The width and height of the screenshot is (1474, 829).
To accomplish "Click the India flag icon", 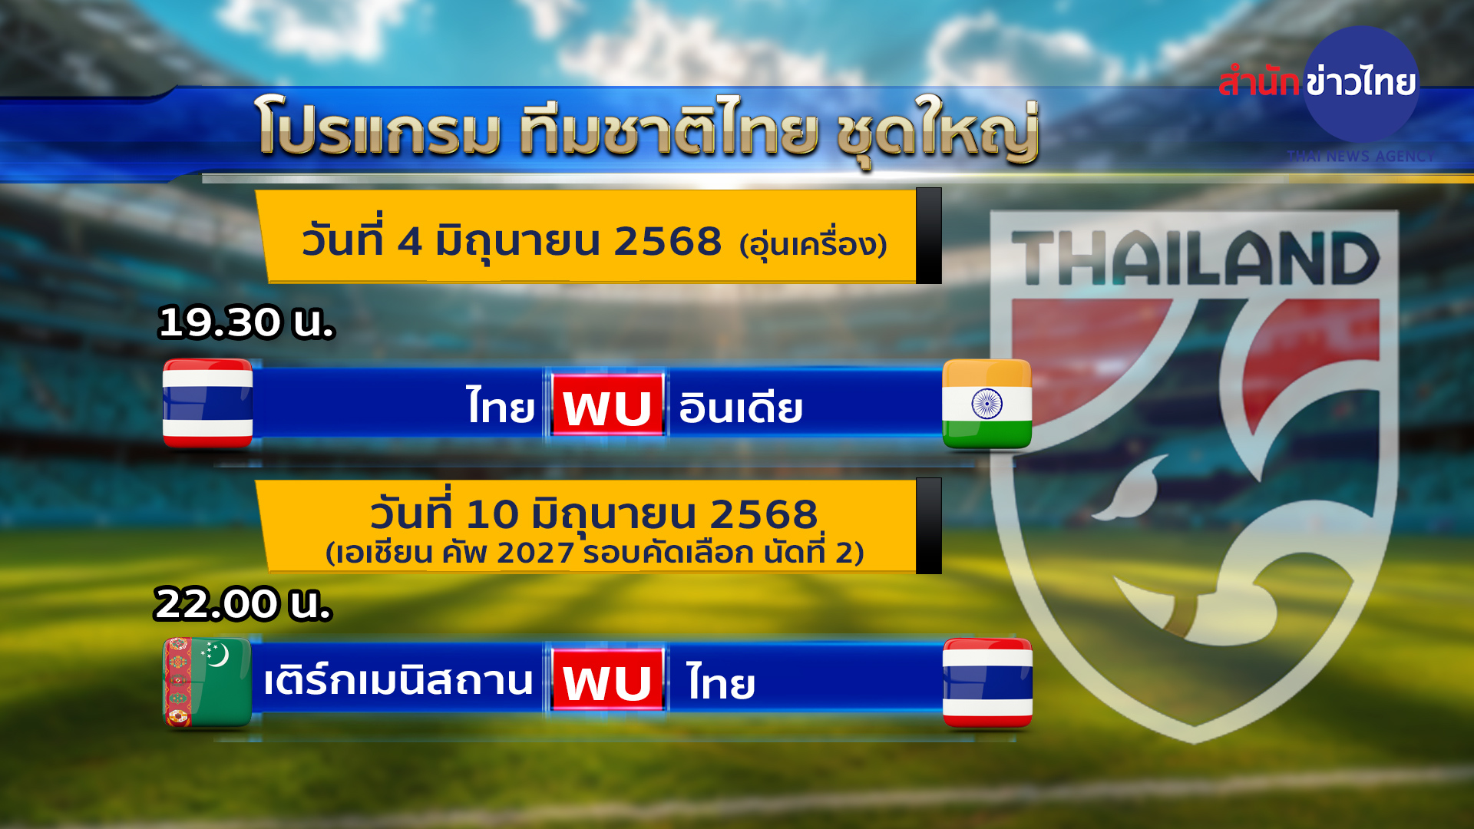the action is coord(987,404).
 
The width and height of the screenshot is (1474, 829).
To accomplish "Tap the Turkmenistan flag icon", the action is coord(207,682).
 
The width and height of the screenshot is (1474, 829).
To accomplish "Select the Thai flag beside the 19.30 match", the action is coord(207,403).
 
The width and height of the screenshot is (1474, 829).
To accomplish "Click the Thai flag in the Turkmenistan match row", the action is coord(987,682).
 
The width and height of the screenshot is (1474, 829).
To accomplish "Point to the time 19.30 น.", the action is coord(246,322).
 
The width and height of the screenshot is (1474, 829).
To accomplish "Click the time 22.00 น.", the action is coord(243,604).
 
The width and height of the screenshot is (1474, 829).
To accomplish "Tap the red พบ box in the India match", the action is coord(607,405).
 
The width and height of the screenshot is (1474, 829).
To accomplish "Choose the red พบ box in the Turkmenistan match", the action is coord(607,680).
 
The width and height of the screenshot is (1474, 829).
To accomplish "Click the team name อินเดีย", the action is coord(741,407).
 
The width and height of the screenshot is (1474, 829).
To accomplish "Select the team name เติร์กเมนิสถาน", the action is coord(398,679).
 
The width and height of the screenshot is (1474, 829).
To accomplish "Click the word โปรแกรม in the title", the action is coord(378,126).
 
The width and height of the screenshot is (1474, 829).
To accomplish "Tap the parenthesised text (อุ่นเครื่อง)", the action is coord(813,245).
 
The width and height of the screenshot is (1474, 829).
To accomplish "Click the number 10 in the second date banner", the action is coord(492,514).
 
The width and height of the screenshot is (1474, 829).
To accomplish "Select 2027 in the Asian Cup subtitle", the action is coord(535,553).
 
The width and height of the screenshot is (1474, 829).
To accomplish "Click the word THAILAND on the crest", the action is coord(1195,258).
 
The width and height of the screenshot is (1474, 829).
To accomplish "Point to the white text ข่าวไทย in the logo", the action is coord(1361,81).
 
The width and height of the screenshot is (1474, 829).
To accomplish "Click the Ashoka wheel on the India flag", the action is coord(987,404).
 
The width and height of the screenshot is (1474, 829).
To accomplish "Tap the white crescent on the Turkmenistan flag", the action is coord(220,655).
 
